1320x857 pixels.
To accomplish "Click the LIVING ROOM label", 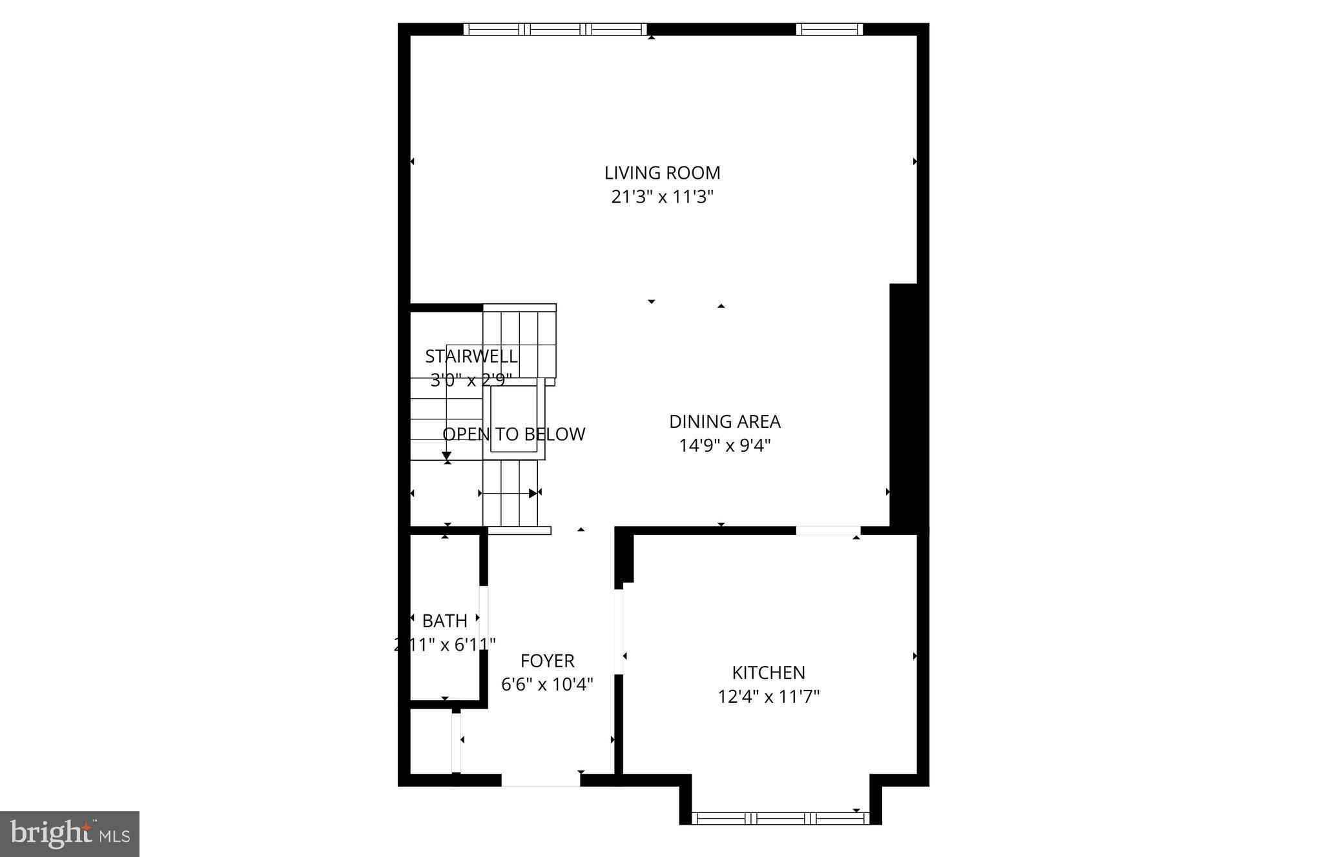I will coord(662,173).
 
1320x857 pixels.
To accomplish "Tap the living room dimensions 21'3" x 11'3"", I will coord(662,197).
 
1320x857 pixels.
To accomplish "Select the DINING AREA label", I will coord(725,422).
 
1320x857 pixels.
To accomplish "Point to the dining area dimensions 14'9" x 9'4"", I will coord(725,446).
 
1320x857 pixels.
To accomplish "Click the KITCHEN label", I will coord(768,673).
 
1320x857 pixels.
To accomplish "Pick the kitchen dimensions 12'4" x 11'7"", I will coord(768,697).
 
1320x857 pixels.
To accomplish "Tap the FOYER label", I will coord(548,661).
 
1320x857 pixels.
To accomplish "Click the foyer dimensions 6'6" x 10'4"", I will coord(548,684).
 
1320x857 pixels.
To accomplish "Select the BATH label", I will coord(444,621).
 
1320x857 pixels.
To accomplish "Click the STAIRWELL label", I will coord(471,356).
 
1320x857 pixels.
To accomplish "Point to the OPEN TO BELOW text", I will coord(513,434).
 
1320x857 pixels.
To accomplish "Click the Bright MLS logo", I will coord(70,833).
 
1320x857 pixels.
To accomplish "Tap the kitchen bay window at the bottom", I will coord(781,818).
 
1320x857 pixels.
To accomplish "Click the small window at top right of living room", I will coord(829,29).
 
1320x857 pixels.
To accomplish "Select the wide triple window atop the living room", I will coord(555,29).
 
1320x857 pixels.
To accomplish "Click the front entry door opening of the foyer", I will coord(541,780).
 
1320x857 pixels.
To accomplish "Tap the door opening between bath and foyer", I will coord(483,618).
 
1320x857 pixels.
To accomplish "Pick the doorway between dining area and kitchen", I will coord(829,530).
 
